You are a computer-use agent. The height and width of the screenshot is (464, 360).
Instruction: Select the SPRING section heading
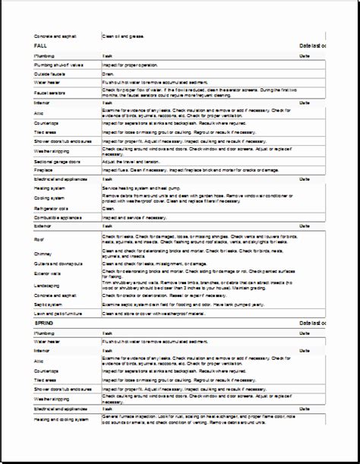coord(44,323)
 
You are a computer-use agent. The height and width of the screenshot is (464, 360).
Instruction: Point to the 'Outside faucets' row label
coord(49,74)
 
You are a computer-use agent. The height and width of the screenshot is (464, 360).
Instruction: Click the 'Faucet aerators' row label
coord(49,93)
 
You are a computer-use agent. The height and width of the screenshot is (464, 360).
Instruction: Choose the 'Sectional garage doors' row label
coord(58,162)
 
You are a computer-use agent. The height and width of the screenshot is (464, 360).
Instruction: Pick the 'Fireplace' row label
coord(43,171)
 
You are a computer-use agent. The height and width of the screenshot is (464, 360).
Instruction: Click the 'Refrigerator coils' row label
coord(52,208)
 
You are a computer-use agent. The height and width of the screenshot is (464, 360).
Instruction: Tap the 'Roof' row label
coord(39,238)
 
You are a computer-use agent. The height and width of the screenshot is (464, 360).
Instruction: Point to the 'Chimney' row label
coord(42,254)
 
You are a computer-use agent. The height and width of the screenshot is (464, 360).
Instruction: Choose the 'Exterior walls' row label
coord(47,273)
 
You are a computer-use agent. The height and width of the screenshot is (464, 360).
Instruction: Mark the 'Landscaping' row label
coord(46,286)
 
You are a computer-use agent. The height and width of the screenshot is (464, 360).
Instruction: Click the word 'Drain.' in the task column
coord(109,74)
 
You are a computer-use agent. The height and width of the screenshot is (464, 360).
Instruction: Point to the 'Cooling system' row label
coord(49,197)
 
